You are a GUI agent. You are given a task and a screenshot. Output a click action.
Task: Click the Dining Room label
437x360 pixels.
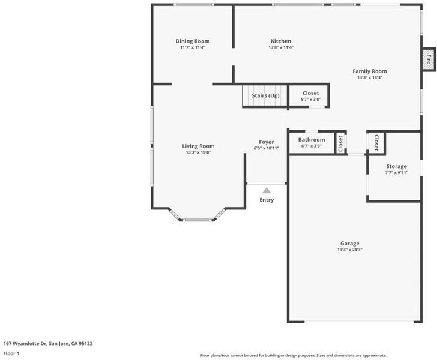pos(193,41)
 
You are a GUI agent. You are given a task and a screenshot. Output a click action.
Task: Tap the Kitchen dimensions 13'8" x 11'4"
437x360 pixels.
pos(281,47)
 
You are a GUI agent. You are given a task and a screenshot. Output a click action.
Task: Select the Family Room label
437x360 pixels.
pos(370,71)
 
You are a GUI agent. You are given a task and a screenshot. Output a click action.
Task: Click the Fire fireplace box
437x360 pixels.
pos(429,59)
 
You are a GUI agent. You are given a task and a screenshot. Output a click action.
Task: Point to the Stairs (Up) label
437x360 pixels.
pos(265,95)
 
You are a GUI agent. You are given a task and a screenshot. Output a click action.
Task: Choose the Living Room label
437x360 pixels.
pos(199,146)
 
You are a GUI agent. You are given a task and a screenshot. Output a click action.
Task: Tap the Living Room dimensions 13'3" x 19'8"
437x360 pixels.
pos(199,152)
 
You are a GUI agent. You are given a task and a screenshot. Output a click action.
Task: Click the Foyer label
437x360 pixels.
pos(266,142)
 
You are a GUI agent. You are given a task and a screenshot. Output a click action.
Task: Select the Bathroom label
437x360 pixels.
pos(312,140)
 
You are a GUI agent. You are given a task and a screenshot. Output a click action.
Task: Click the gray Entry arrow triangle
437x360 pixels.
pos(267,191)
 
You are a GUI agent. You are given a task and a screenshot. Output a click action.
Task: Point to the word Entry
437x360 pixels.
pos(267,200)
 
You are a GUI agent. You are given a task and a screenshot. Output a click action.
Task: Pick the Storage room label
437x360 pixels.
pos(396,166)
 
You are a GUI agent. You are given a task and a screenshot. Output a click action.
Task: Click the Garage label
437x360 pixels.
pos(350,243)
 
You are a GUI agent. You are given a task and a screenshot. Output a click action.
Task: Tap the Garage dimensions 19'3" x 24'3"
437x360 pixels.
pos(350,250)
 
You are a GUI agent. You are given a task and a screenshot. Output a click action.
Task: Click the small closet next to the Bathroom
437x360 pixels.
pos(340,143)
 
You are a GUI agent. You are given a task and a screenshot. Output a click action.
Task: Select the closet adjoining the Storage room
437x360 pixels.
pos(376,143)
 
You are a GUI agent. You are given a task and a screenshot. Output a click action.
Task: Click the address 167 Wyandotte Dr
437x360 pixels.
pos(25,344)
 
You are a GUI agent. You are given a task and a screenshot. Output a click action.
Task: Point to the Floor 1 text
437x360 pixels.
pos(11,353)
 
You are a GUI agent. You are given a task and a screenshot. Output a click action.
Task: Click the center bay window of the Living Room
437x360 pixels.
pos(197,220)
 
